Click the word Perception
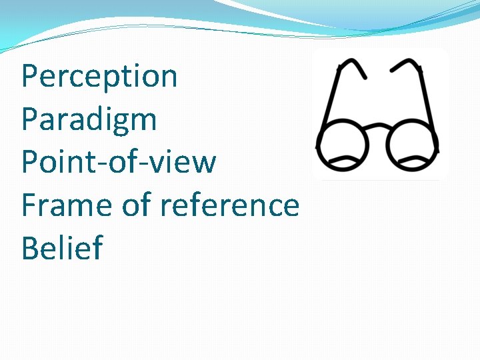point(99,77)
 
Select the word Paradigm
point(89,120)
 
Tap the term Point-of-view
point(119,163)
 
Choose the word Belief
point(62,248)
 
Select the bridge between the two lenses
point(377,127)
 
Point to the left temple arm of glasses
point(331,100)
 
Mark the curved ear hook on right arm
point(405,66)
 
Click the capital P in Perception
point(31,77)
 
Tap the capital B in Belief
point(31,248)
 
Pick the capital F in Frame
point(29,205)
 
